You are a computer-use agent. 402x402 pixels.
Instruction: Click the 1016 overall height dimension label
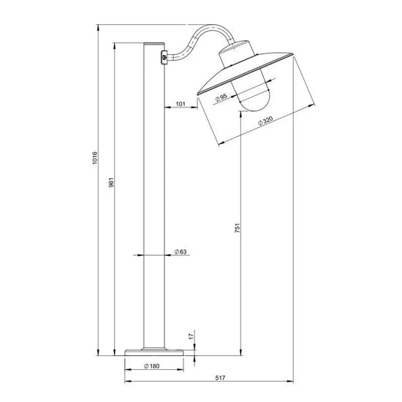95,158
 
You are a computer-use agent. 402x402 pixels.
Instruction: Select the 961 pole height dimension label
111,182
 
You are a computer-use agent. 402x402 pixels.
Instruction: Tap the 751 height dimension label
238,228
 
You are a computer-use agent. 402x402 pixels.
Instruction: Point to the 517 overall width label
220,378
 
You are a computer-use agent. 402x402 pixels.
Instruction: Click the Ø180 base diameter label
152,366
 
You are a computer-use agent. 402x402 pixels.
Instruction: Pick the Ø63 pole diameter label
181,251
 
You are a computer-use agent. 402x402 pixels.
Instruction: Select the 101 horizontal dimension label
181,104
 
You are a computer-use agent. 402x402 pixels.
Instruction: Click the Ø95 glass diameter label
221,98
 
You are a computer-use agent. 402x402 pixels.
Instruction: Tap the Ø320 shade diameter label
265,121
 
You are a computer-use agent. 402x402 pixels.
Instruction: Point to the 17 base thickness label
191,337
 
